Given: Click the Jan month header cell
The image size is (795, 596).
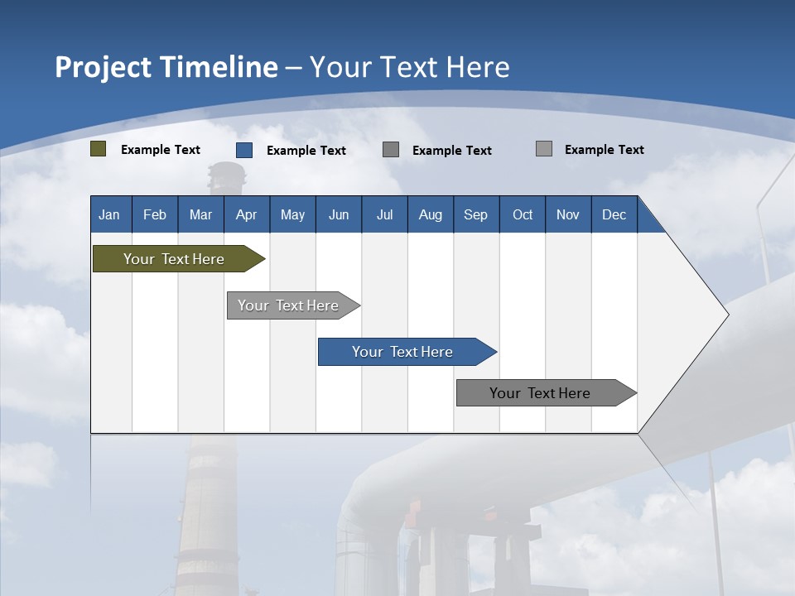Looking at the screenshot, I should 109,214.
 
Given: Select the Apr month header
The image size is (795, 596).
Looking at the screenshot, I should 246,214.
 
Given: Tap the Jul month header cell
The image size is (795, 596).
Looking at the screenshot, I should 384,214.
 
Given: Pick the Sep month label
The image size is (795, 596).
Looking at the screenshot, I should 475,214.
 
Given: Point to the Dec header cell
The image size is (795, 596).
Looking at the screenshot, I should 614,214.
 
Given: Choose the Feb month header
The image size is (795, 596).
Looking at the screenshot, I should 154,214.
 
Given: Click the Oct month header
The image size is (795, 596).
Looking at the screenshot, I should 523,214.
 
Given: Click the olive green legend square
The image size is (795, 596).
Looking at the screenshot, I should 99,149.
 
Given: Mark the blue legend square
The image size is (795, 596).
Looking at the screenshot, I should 244,150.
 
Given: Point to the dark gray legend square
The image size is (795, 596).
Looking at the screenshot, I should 391,150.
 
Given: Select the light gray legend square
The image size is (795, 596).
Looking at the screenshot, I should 544,149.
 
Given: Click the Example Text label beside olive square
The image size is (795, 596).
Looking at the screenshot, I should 161,150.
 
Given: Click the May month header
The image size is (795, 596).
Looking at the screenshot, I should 292,214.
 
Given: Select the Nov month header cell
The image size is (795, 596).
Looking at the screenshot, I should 567,214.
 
